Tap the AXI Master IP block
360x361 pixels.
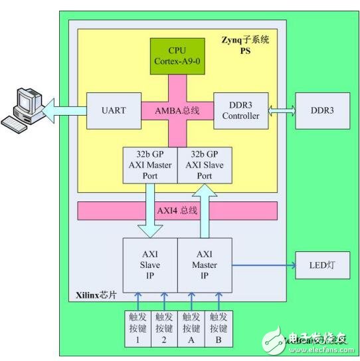205,265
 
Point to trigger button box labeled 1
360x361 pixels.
137,329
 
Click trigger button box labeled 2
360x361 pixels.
165,329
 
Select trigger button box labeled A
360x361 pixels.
191,329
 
